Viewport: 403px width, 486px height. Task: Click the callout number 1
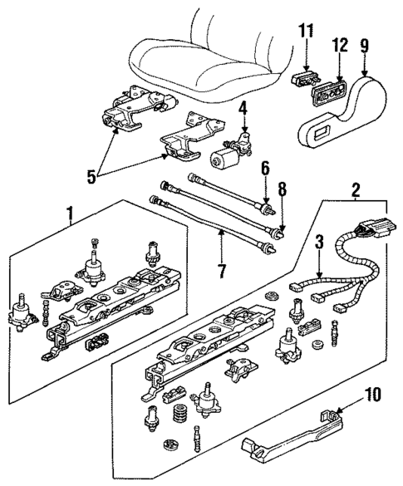click(70, 217)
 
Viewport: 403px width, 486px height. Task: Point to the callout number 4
click(243, 107)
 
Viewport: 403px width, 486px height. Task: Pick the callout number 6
click(264, 169)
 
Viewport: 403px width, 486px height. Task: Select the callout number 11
click(307, 33)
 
